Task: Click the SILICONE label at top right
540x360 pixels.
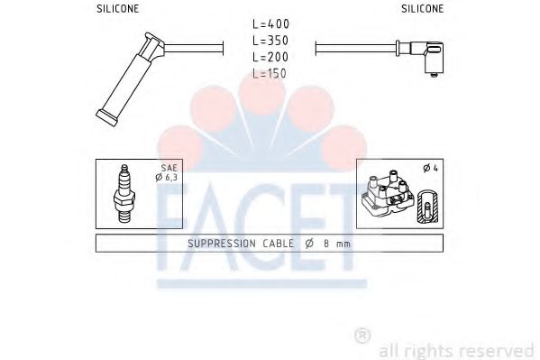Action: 421,8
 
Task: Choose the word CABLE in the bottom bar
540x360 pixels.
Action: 278,244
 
